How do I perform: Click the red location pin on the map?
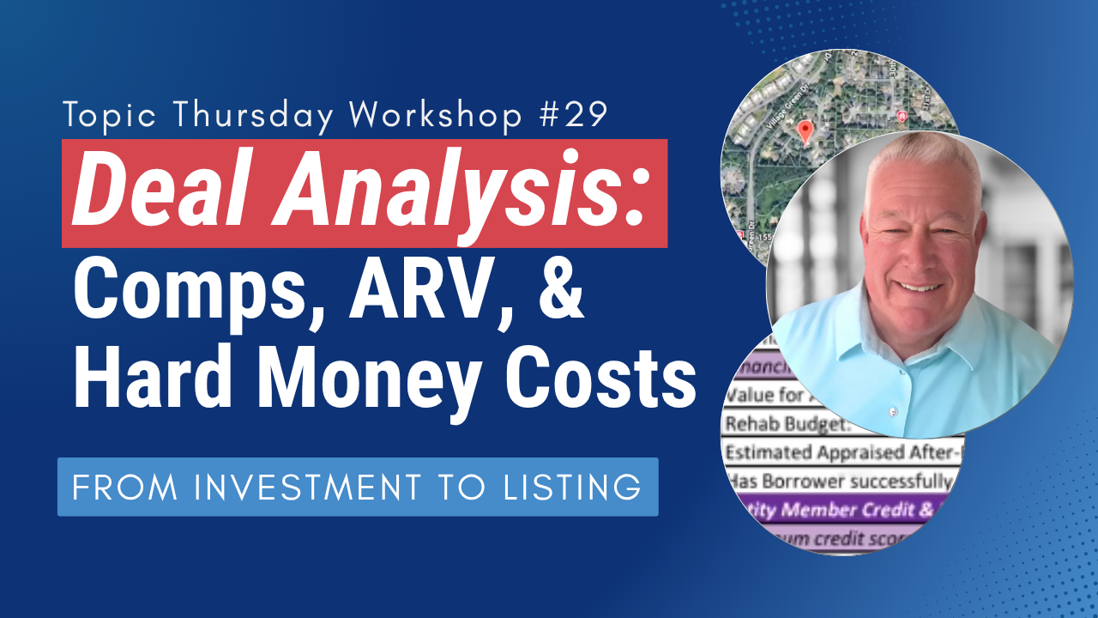pos(805,131)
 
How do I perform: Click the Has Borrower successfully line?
pos(841,481)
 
